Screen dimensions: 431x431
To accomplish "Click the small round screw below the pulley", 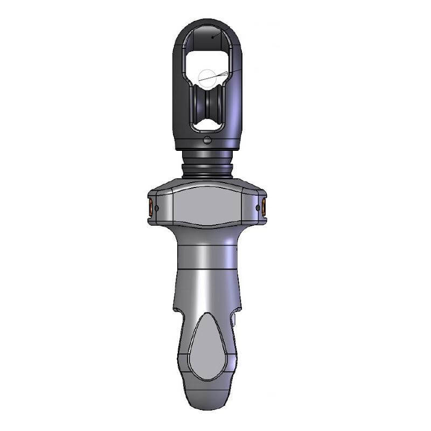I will [207, 141].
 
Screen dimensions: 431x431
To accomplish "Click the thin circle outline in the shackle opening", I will [207, 79].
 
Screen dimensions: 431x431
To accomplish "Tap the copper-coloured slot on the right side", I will [264, 207].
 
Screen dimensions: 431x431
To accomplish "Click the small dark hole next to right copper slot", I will [258, 207].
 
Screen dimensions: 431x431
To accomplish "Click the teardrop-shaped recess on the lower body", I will [207, 345].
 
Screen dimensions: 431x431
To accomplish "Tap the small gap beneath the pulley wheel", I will [207, 127].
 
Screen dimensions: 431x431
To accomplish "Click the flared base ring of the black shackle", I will [207, 147].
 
